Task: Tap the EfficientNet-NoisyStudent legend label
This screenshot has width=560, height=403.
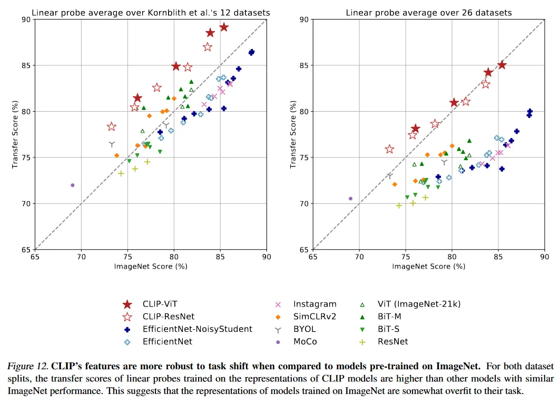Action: point(198,329)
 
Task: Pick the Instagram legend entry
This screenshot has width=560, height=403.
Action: point(315,304)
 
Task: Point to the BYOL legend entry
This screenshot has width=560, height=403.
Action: point(304,329)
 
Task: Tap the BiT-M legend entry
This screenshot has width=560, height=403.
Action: point(391,317)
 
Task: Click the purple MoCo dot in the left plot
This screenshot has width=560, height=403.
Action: point(72,185)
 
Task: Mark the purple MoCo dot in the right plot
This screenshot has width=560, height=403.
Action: point(350,199)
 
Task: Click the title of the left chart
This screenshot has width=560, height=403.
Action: point(151,13)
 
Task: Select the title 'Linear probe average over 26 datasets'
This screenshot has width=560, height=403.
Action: point(428,13)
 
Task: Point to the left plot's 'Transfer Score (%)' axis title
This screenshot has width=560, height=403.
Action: point(15,134)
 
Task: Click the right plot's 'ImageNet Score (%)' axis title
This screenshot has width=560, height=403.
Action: point(428,267)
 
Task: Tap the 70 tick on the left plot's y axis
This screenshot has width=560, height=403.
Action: point(25,204)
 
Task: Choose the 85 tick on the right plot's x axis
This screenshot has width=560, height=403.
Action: point(497,257)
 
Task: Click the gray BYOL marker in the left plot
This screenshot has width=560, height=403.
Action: point(112,144)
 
